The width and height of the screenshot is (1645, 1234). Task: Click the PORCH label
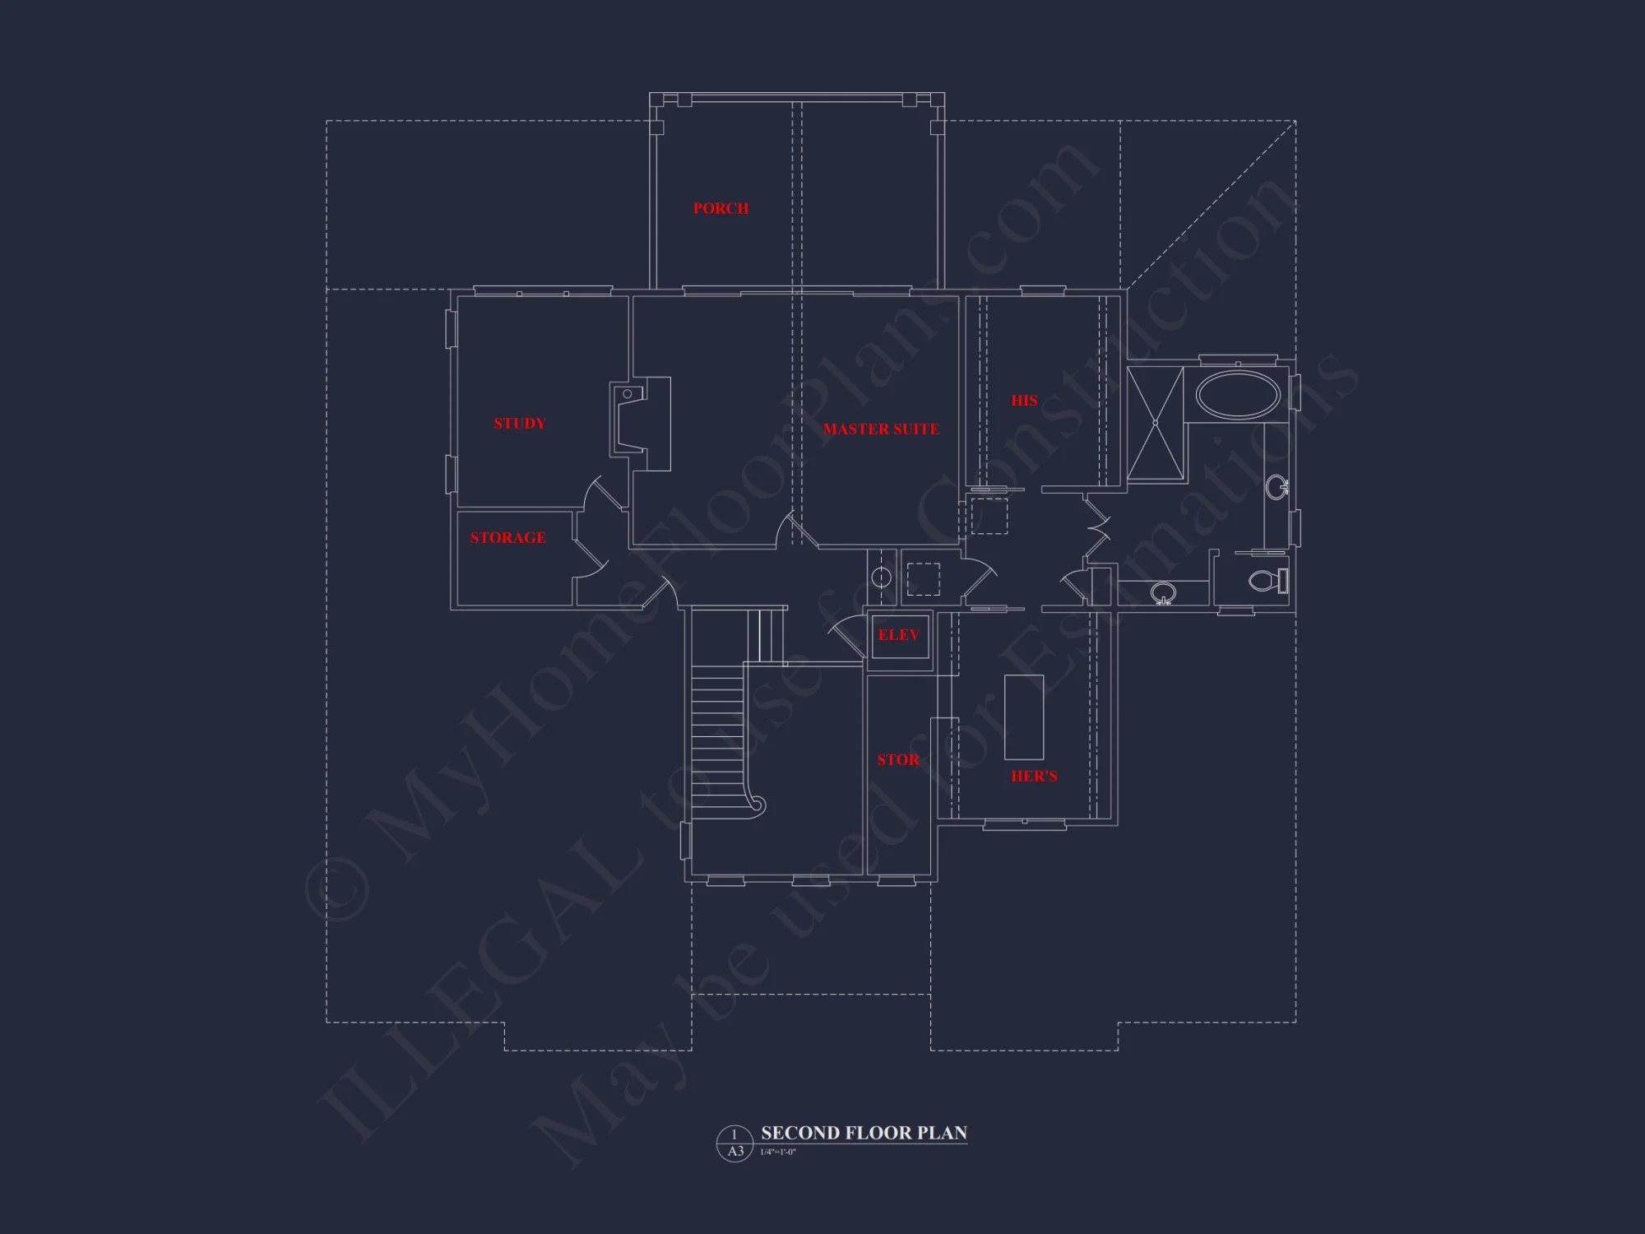[721, 209]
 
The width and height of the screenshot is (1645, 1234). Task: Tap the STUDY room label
[519, 424]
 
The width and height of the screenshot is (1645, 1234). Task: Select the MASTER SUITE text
[881, 429]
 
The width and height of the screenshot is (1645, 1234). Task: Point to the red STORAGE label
[507, 538]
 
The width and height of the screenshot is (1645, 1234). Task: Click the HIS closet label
[1024, 401]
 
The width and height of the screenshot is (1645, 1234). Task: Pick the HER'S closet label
[1034, 776]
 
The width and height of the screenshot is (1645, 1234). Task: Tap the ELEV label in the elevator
[899, 635]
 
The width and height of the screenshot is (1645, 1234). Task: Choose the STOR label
[898, 760]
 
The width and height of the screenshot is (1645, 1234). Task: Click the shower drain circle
[1155, 423]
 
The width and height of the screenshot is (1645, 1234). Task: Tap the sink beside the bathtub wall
[1277, 487]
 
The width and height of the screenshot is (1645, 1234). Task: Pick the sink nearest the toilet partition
[1163, 592]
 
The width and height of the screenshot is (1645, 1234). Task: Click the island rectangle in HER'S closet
[1024, 717]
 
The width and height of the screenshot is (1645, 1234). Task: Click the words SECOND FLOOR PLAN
[864, 1133]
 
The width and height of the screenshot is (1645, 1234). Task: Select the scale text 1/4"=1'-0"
[779, 1152]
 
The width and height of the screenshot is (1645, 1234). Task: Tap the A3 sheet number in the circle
[735, 1151]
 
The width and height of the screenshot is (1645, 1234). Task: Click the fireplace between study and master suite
[640, 424]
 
